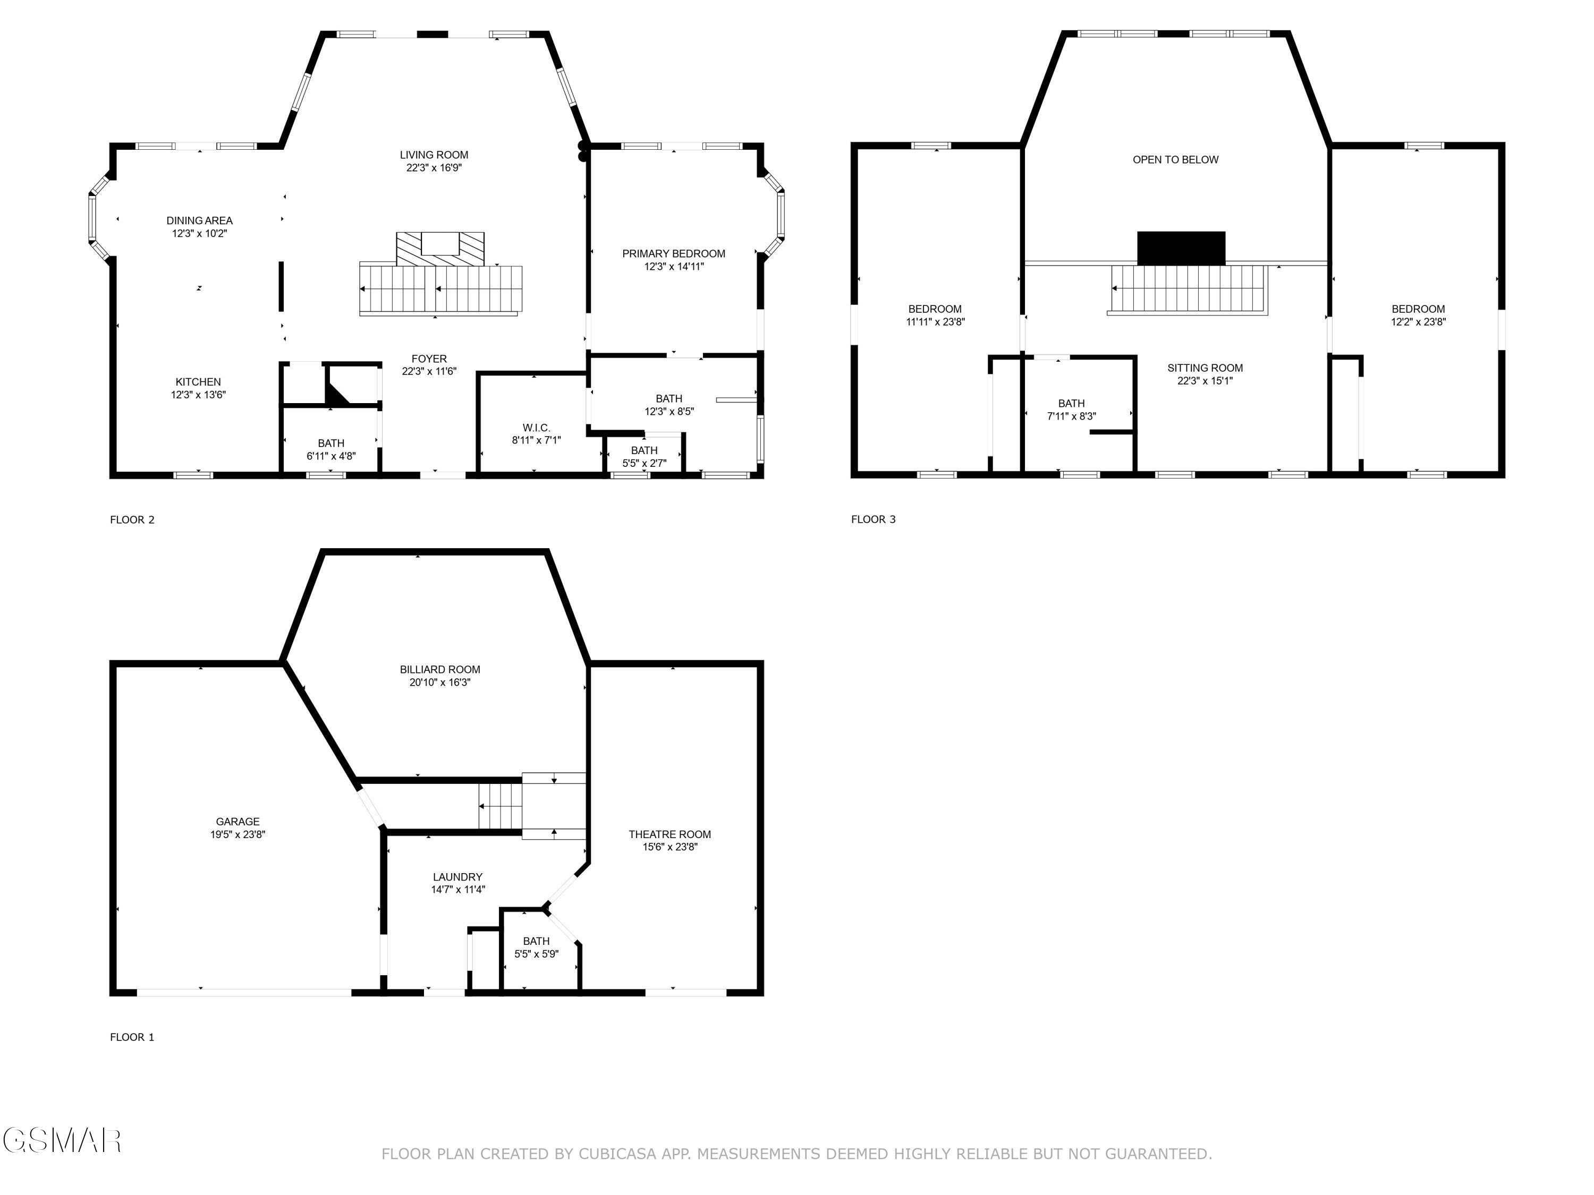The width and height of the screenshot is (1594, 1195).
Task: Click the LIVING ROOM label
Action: (x=434, y=155)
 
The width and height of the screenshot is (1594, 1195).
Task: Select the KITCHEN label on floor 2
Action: (x=198, y=382)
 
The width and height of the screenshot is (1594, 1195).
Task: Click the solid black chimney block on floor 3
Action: (x=1181, y=248)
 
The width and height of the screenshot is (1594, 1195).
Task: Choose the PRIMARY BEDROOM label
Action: (x=673, y=253)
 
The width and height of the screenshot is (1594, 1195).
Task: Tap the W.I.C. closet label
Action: (x=536, y=428)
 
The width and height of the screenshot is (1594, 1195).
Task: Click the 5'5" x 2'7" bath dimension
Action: (x=643, y=463)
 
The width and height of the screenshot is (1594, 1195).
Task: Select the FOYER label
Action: (x=429, y=358)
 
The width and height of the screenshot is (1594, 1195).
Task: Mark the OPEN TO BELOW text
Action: (x=1175, y=160)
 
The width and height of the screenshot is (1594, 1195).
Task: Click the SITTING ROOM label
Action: (x=1205, y=368)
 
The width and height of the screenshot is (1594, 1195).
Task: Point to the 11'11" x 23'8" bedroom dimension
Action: (x=935, y=322)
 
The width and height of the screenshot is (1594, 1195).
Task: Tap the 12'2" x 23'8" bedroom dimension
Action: (x=1418, y=322)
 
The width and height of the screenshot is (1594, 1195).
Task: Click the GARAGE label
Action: (x=238, y=821)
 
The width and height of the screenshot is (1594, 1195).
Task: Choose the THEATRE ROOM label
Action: (x=669, y=834)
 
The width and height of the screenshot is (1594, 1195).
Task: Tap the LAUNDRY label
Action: (x=457, y=877)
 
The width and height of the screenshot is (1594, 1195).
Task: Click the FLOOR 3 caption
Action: (x=872, y=519)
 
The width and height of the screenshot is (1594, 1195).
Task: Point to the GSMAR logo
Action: (x=61, y=1141)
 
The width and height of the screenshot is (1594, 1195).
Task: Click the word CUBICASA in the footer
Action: (x=617, y=1154)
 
